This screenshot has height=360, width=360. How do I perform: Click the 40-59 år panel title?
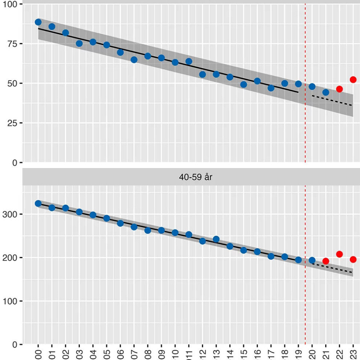[x=195, y=177]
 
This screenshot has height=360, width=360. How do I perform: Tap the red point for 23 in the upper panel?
[x=353, y=79]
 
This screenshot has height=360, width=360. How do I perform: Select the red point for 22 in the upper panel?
[x=339, y=89]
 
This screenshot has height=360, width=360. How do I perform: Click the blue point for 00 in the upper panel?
[x=38, y=22]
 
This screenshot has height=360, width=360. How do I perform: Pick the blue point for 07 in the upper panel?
[x=134, y=60]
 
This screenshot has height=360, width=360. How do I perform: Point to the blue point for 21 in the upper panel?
[x=325, y=92]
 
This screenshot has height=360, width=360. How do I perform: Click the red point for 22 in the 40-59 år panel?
[x=339, y=254]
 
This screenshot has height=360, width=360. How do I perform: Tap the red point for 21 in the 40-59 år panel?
[x=325, y=261]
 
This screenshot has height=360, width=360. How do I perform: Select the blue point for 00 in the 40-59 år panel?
[x=38, y=204]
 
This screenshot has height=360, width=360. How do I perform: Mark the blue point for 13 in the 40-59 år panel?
[x=216, y=239]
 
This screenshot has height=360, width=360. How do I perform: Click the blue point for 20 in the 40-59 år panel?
[x=312, y=260]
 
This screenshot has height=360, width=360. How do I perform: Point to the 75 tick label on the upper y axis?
[x=13, y=43]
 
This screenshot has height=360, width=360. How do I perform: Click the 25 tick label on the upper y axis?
[x=13, y=123]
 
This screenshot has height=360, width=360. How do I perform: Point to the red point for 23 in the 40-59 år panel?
[x=353, y=259]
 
